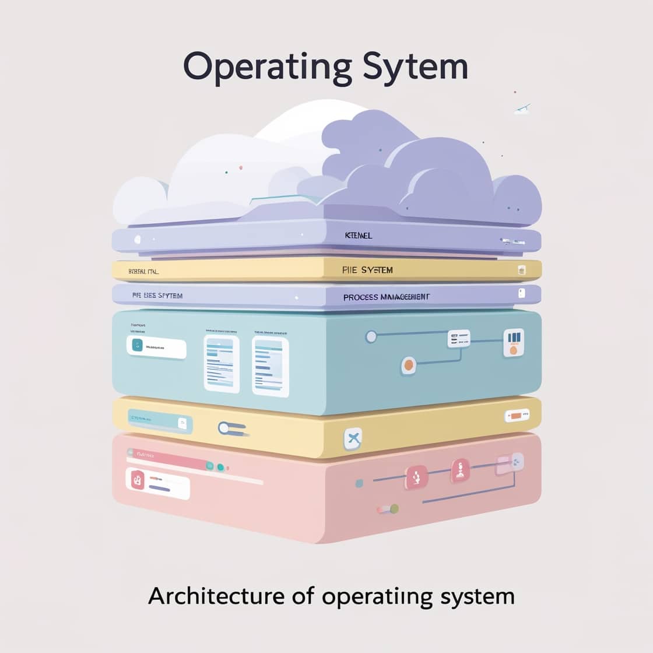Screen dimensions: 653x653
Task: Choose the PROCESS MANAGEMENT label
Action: click(x=387, y=297)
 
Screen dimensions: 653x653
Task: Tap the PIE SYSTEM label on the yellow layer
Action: click(x=367, y=270)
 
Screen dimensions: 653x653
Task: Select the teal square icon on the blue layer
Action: click(x=138, y=346)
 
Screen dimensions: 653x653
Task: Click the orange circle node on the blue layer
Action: click(x=409, y=365)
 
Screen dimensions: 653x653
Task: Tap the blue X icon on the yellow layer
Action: click(x=352, y=438)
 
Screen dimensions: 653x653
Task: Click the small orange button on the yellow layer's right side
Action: click(x=516, y=416)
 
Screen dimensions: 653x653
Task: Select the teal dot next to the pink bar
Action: click(x=220, y=466)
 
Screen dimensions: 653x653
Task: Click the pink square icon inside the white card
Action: click(x=138, y=480)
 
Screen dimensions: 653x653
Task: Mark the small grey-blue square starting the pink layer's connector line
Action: click(x=359, y=483)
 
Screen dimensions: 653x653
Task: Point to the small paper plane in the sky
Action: click(x=522, y=108)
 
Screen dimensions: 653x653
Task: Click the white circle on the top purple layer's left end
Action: click(x=138, y=239)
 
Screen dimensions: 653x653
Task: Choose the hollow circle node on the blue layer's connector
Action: click(x=370, y=336)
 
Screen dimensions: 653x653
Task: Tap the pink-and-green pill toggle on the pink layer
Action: click(x=387, y=509)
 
